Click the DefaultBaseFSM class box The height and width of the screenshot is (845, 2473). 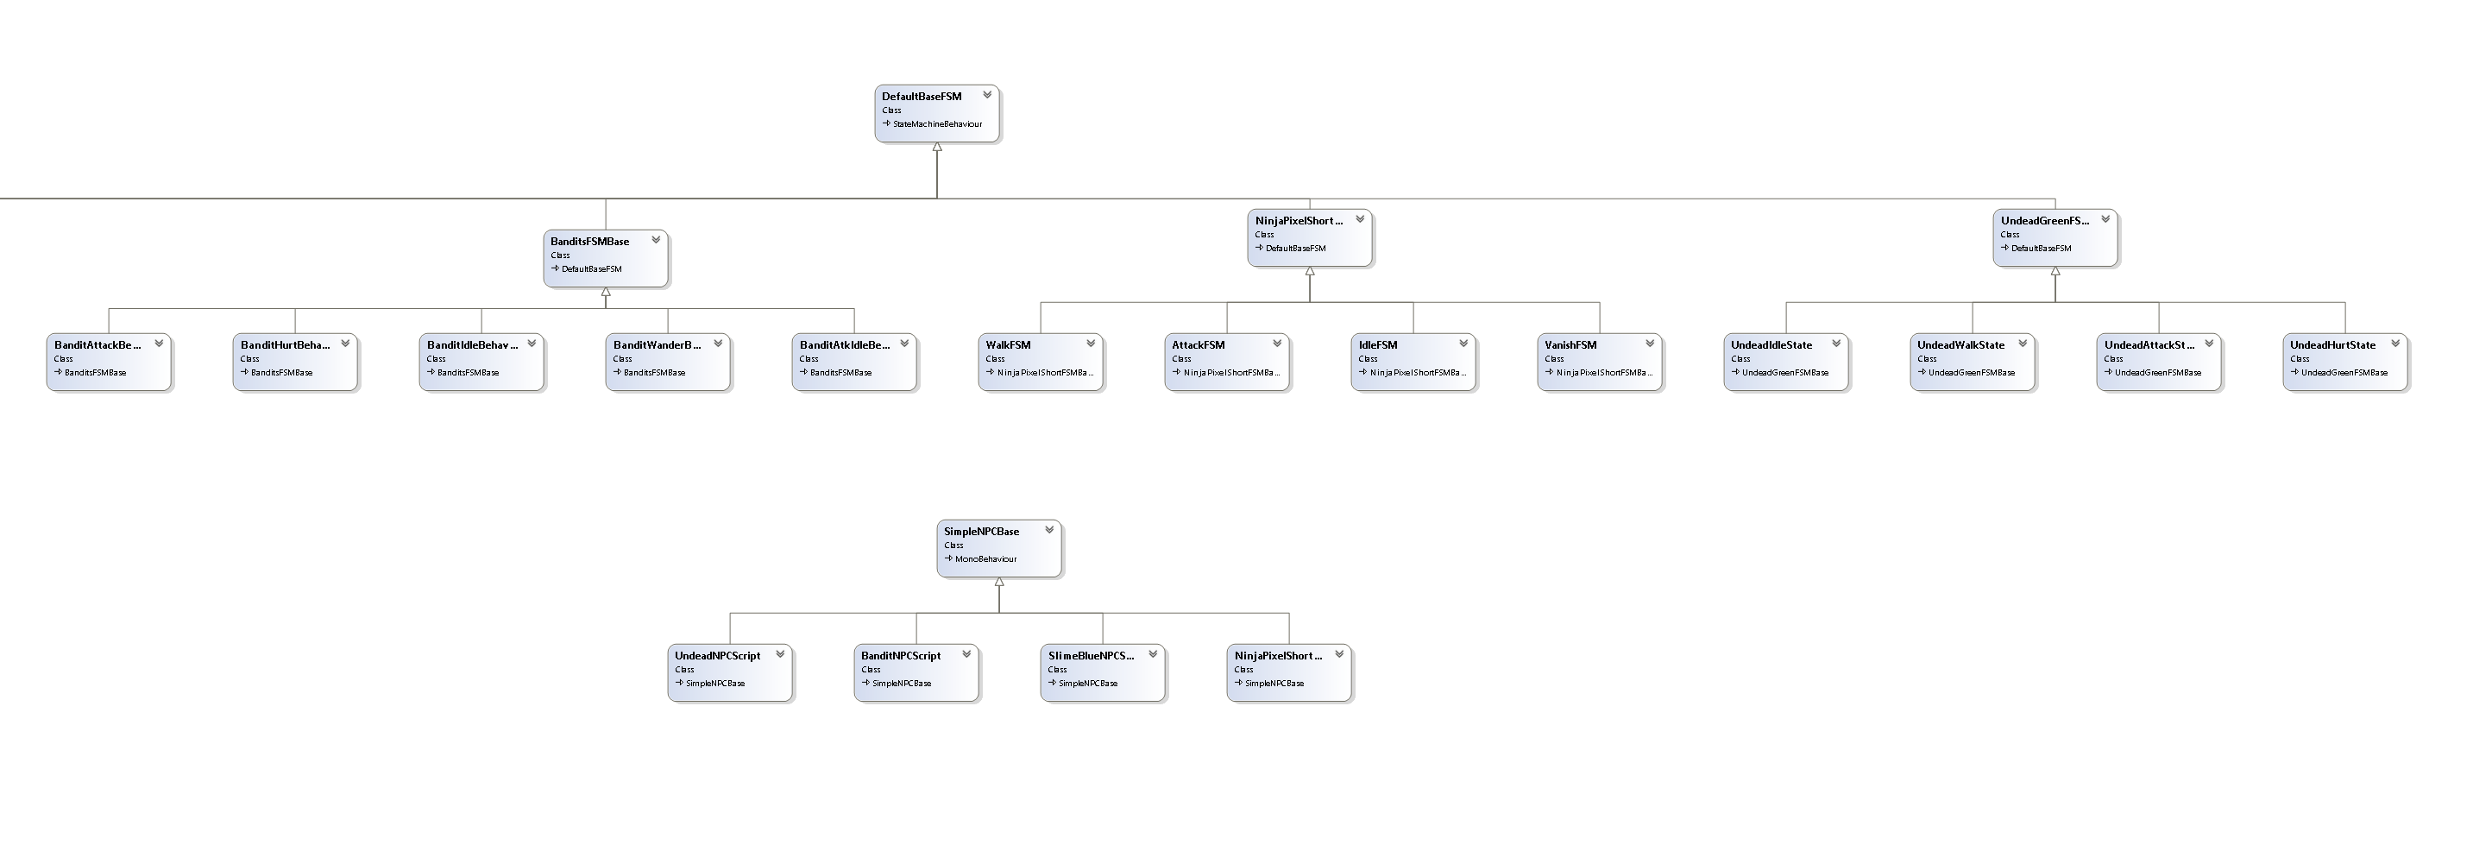(936, 113)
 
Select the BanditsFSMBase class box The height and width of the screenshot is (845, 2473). (605, 257)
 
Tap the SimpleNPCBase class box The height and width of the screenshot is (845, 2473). (998, 548)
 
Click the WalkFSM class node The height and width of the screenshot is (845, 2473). (1041, 361)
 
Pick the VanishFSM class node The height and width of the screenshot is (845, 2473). (1600, 361)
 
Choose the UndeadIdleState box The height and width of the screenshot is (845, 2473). (1785, 361)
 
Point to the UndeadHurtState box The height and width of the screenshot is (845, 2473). (2344, 361)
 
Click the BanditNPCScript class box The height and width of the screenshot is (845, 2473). (916, 672)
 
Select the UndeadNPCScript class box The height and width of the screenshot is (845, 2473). (730, 672)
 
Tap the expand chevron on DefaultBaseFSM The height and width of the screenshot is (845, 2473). (986, 95)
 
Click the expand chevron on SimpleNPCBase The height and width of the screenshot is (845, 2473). (1049, 529)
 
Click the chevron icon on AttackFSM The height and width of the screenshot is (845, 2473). (1277, 343)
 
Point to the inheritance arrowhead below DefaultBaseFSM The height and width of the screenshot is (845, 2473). (937, 148)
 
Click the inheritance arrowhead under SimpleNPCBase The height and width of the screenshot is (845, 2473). (999, 583)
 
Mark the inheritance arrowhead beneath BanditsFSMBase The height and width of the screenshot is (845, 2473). (606, 292)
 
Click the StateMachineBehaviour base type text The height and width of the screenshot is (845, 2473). (937, 124)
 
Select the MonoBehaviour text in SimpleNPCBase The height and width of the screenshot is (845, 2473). (985, 558)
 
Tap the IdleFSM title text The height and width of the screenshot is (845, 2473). (1378, 344)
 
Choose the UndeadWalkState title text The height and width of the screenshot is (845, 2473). (1960, 344)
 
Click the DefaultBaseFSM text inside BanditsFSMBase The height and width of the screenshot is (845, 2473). (591, 269)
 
